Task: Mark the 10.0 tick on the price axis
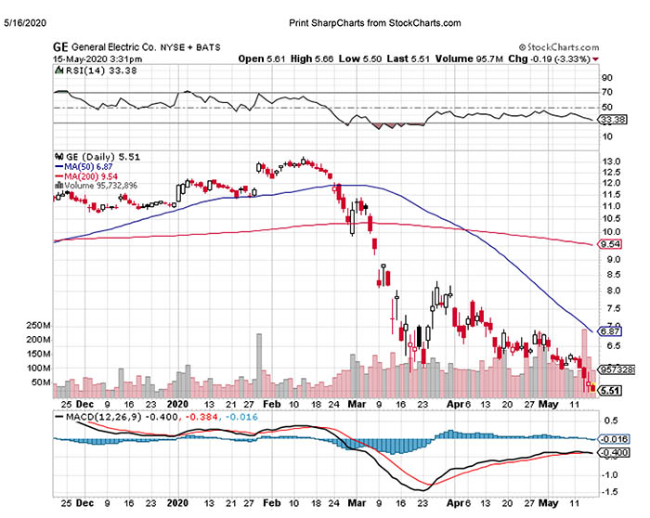[x=611, y=231]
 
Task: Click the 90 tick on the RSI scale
[x=606, y=78]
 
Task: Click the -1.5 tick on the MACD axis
[x=610, y=491]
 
